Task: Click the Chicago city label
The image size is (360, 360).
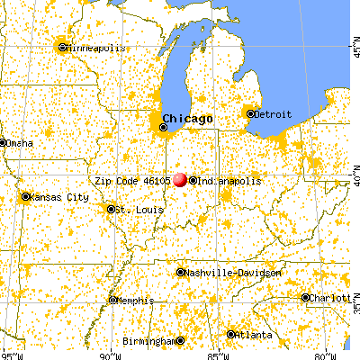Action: [189, 118]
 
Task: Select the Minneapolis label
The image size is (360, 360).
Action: [92, 47]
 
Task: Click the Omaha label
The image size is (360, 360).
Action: [18, 142]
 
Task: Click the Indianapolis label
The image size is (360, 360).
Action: [229, 180]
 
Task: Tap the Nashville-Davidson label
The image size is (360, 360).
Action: [233, 272]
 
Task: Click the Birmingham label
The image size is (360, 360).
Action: [150, 341]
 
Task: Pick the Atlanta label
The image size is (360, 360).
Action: [255, 335]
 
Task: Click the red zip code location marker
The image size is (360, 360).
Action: [181, 180]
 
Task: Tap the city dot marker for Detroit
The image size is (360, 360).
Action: [248, 112]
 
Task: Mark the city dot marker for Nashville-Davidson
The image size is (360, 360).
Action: [181, 272]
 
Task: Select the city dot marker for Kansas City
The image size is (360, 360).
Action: [24, 196]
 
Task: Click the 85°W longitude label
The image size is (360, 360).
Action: [216, 354]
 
